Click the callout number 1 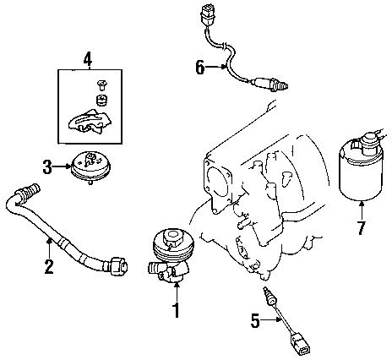pos(176,311)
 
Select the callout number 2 pos(49,267)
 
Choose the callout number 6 pos(200,68)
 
